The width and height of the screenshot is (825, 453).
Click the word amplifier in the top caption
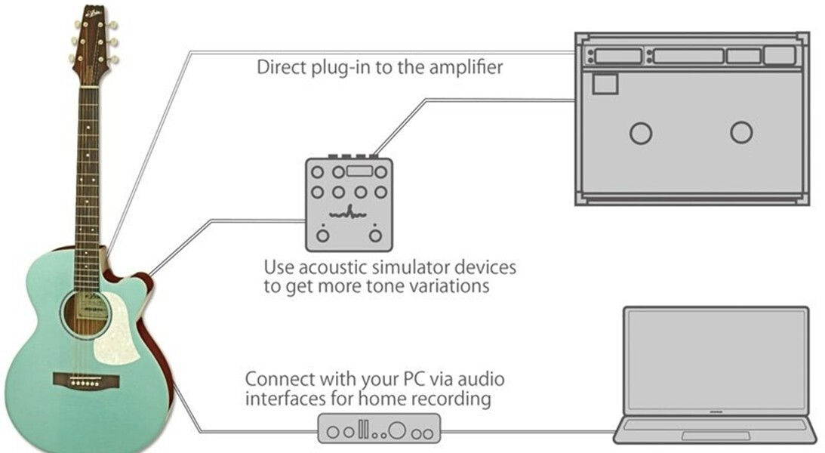coord(466,68)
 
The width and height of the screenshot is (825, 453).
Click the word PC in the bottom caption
coord(415,379)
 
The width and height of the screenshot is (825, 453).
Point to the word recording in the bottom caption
coord(451,399)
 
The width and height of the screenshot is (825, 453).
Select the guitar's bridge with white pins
coord(86,381)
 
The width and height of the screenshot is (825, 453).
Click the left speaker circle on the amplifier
coord(641,134)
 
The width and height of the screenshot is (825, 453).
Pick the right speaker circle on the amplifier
coord(741,133)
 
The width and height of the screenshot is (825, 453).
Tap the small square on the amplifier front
coord(605,84)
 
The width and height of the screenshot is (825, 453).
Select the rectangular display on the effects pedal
coord(360,171)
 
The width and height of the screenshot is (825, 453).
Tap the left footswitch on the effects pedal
coord(322,235)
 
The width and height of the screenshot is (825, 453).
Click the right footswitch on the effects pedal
coord(375,235)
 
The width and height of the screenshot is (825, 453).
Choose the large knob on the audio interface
coord(397,430)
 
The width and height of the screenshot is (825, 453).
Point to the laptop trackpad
coord(716,436)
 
